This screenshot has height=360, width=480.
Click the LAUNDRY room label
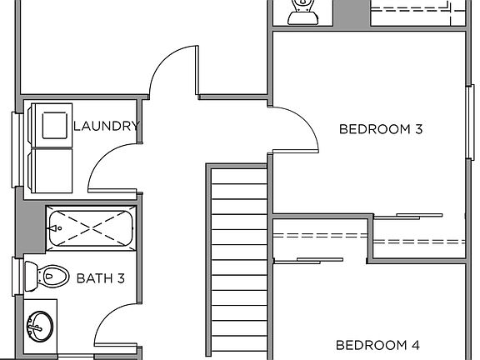coord(106,127)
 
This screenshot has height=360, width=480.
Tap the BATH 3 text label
coord(100,277)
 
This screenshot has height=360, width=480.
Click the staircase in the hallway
coord(238,258)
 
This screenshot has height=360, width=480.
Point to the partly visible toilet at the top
coord(302,12)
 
